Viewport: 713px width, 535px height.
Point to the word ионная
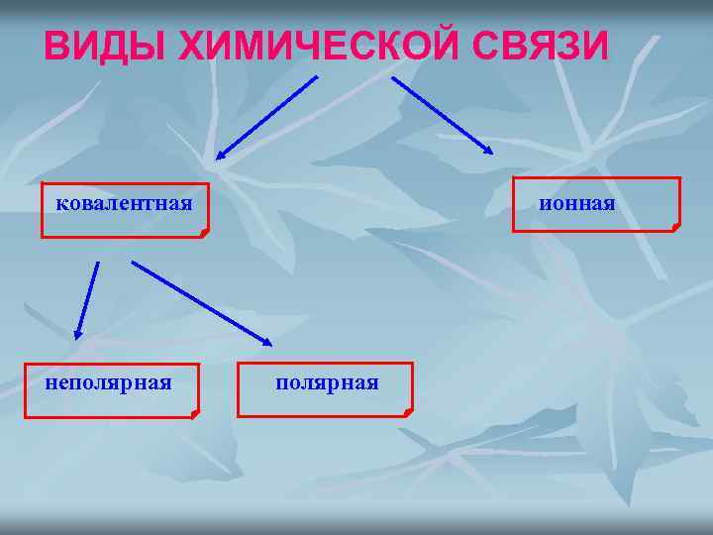tap(577, 203)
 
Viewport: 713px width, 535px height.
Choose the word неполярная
tap(108, 381)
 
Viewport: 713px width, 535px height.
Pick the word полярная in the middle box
tap(327, 381)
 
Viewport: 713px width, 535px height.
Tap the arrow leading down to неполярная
tap(87, 300)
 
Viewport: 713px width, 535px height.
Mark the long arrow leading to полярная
tap(201, 302)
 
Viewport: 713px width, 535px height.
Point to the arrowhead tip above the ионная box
tap(492, 153)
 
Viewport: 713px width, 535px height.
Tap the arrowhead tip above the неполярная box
tap(76, 340)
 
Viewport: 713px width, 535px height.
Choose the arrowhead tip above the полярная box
tap(271, 344)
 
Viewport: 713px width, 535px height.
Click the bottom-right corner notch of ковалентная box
tap(203, 233)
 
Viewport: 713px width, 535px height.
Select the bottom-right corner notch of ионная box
tap(675, 227)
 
